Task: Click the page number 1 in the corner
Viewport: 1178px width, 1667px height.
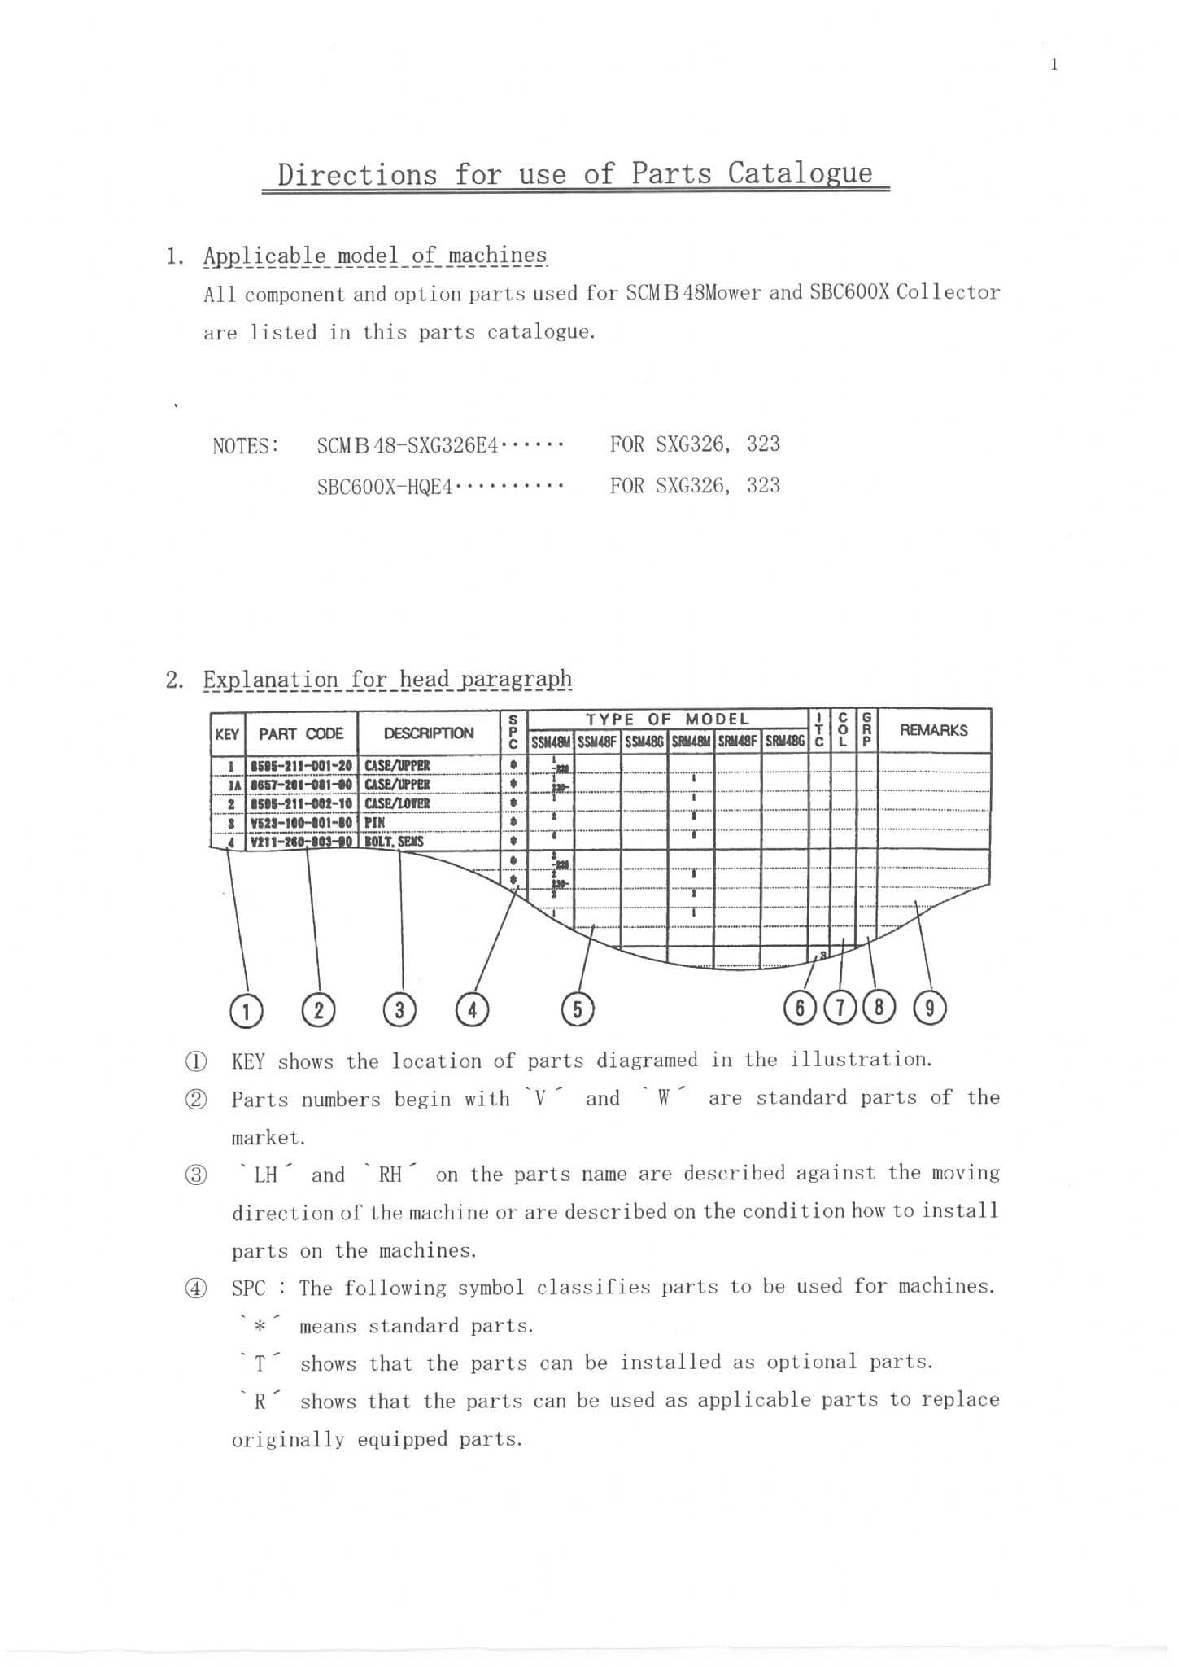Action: coord(1054,65)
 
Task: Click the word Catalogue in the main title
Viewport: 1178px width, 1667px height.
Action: coord(800,173)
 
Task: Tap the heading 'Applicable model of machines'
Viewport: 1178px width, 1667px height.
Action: coord(375,256)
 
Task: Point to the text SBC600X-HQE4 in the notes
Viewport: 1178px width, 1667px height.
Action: coord(384,487)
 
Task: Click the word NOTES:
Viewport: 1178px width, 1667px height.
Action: coord(246,446)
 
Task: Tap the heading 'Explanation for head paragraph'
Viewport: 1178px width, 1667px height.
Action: coord(387,679)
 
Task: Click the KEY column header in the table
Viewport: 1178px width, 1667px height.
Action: coord(227,734)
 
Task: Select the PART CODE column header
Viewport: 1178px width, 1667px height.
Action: coord(301,734)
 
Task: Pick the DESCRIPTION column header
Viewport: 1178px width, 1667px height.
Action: coord(429,733)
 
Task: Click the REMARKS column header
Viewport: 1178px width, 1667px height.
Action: coord(933,730)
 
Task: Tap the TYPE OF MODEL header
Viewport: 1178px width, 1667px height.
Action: coord(667,719)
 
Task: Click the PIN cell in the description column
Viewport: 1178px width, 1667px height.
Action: coord(374,822)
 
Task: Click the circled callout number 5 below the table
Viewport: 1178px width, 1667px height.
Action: coord(578,1009)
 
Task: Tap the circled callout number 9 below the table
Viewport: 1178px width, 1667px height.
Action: coord(930,1009)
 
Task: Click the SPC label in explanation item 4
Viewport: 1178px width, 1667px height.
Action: coord(248,1289)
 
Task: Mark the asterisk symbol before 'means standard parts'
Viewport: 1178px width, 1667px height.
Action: coord(259,1327)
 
